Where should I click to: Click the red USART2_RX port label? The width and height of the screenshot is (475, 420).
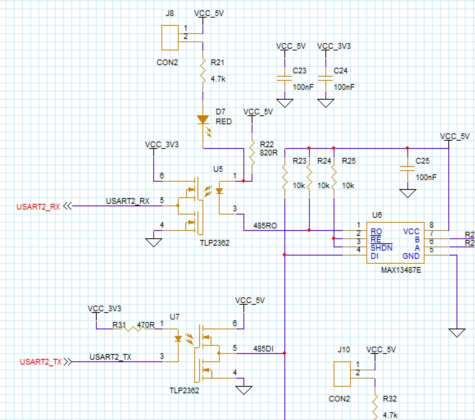click(38, 207)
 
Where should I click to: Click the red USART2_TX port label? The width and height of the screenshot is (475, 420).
click(41, 362)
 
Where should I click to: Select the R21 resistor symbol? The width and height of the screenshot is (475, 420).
click(202, 71)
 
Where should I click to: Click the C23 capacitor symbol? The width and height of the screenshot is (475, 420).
click(284, 78)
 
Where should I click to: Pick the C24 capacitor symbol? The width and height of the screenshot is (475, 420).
click(326, 78)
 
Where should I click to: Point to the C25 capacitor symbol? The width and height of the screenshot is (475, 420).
click(407, 169)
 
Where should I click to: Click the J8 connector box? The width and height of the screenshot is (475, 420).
click(170, 38)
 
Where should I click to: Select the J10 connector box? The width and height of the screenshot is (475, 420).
click(342, 374)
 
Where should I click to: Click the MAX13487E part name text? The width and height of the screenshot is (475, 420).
click(401, 270)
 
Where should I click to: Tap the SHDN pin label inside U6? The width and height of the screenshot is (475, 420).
click(382, 248)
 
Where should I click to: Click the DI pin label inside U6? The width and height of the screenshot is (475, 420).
click(375, 256)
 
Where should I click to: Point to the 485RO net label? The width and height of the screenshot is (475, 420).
click(265, 226)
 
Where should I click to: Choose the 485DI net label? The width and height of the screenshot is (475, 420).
click(263, 349)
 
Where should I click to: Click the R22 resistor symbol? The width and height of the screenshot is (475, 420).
click(252, 153)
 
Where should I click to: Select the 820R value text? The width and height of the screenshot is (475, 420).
click(268, 153)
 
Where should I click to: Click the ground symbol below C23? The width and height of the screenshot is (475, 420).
click(285, 103)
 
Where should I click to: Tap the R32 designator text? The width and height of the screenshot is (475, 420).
click(390, 399)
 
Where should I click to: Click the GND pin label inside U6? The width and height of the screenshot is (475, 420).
click(411, 256)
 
